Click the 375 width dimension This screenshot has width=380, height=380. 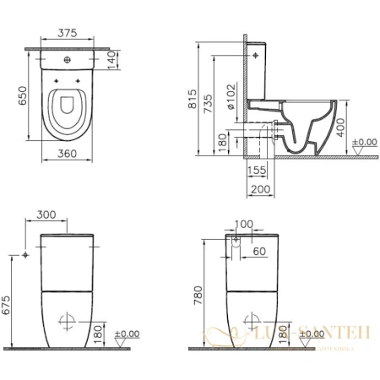coord(71,34)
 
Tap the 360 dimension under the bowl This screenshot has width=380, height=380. coord(71,155)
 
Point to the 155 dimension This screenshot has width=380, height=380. coord(258,169)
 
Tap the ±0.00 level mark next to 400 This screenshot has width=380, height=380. coord(364,142)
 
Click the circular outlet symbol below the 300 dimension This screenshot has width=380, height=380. coord(67,322)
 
